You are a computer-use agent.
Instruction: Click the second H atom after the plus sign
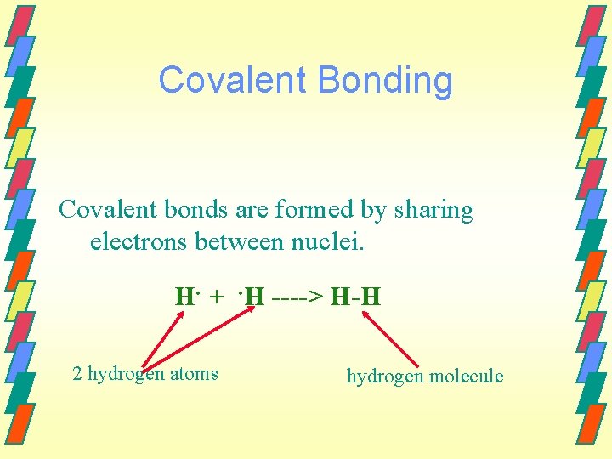click(x=253, y=297)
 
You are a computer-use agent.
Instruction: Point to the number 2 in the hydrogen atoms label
click(x=77, y=374)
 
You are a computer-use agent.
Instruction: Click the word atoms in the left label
click(x=194, y=374)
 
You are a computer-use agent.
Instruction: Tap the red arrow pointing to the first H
click(x=163, y=340)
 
